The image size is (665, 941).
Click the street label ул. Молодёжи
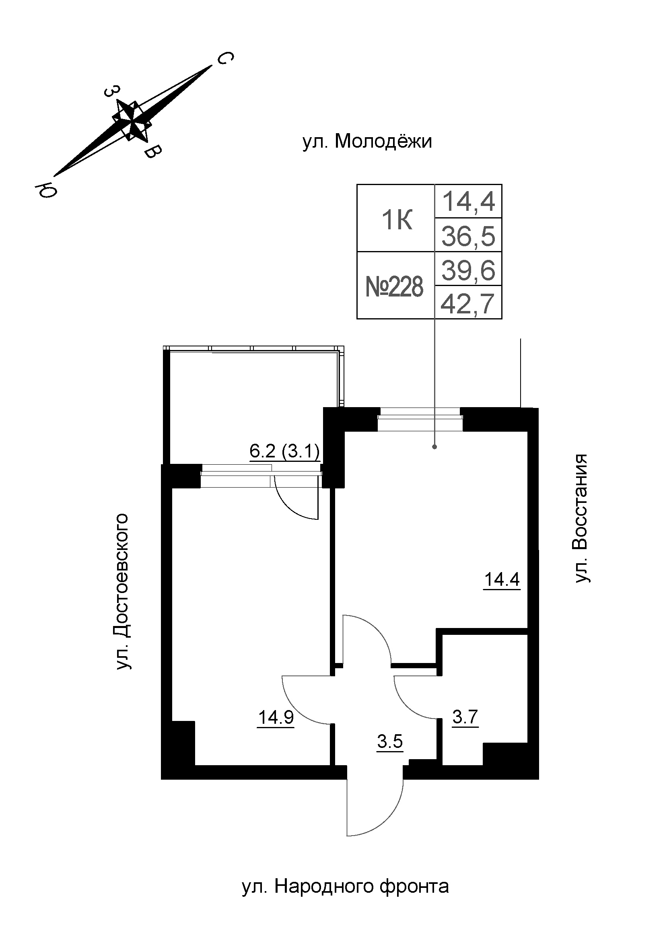coord(367,142)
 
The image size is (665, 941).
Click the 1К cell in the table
coord(397,220)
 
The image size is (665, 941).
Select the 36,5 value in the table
coord(468,237)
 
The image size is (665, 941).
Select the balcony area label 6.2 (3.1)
coord(284,452)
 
